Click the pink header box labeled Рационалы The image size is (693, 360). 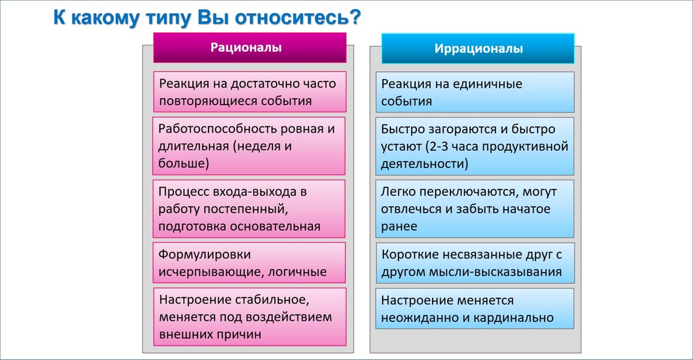point(249,48)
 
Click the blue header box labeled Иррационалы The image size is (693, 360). point(478,49)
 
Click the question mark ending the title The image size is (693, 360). point(355,18)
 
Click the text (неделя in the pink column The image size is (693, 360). point(255,146)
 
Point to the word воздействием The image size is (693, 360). point(292,317)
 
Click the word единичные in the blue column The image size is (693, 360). point(490,84)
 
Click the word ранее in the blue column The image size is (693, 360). point(399,226)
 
